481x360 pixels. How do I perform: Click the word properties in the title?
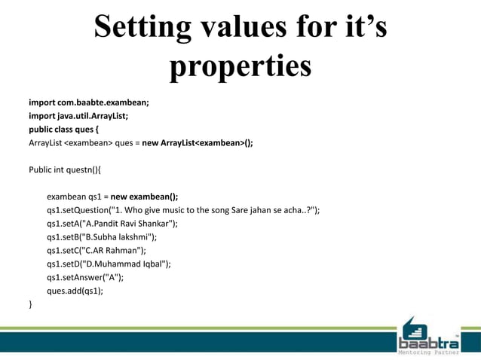point(240,66)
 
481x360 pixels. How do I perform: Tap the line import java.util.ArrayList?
point(78,115)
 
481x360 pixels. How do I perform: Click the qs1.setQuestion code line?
point(183,210)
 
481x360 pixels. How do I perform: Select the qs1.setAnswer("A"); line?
point(84,277)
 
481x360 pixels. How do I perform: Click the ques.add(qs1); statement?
point(75,291)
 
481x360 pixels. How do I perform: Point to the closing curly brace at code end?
point(31,304)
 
